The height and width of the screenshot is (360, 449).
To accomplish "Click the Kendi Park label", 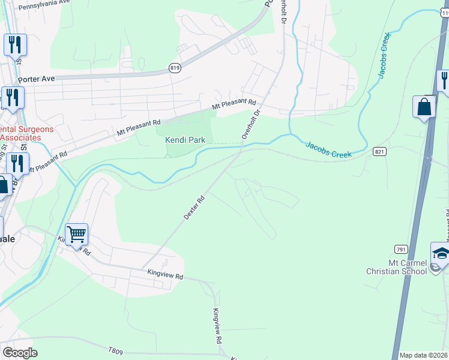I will [x=185, y=140].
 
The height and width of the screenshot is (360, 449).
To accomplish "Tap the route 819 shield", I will [x=175, y=68].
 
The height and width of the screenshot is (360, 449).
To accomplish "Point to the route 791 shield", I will [x=402, y=248].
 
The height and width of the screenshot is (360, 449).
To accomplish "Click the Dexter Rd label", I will [x=194, y=207].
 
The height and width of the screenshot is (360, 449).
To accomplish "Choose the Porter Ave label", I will [x=36, y=79].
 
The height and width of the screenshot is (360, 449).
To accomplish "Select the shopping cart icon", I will [x=77, y=234].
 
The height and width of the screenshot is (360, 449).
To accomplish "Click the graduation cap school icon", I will [x=441, y=253].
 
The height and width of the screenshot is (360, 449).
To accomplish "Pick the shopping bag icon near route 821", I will [x=424, y=107].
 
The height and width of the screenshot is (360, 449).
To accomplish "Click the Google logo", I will [x=20, y=352].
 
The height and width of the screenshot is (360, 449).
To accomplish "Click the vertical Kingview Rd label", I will [x=217, y=326].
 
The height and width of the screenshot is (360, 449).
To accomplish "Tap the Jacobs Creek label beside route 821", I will [x=328, y=150].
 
